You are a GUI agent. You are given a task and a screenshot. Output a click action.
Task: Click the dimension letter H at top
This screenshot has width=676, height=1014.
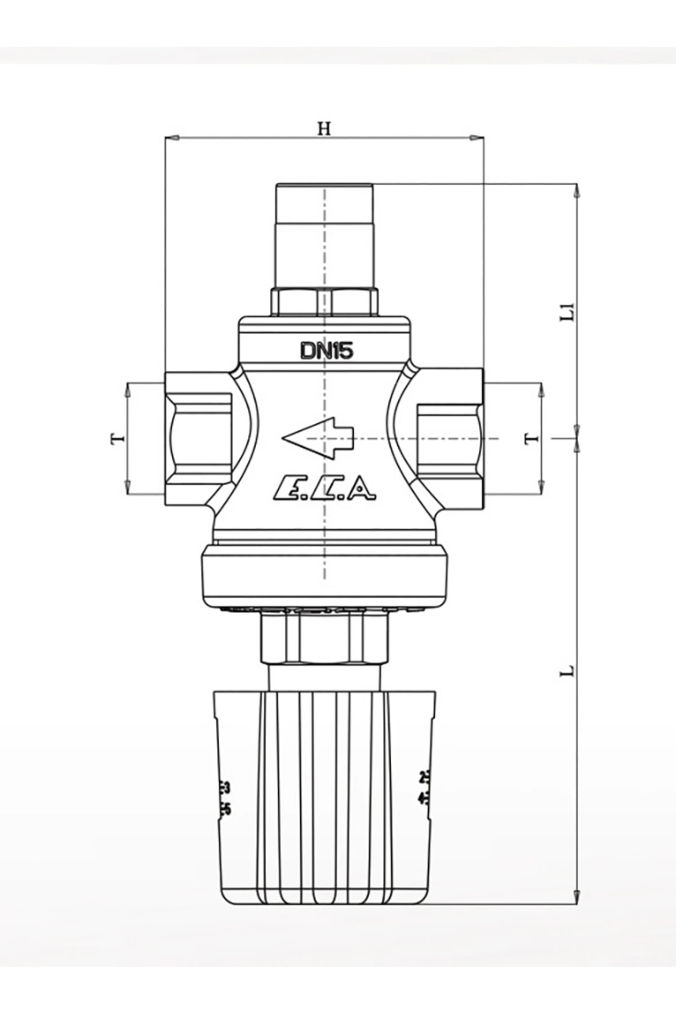point(323,128)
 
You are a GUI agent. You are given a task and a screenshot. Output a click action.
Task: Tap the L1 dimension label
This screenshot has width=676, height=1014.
point(570,312)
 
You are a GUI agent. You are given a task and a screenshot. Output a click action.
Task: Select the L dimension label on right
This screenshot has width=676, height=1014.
point(570,670)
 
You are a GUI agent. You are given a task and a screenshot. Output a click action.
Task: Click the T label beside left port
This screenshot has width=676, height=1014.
point(118,438)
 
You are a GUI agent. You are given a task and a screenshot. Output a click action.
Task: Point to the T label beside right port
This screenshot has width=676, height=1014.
point(531,438)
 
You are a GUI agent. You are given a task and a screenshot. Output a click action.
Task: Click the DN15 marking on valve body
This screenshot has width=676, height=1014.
point(326,351)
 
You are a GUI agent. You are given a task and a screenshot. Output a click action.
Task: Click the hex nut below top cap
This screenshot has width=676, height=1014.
point(324,301)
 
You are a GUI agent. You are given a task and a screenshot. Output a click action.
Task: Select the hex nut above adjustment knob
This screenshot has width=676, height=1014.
point(324,639)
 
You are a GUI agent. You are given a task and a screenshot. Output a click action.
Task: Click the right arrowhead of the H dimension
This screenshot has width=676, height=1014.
point(478,137)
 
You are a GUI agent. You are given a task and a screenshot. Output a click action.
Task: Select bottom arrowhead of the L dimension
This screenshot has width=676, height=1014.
point(576,896)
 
